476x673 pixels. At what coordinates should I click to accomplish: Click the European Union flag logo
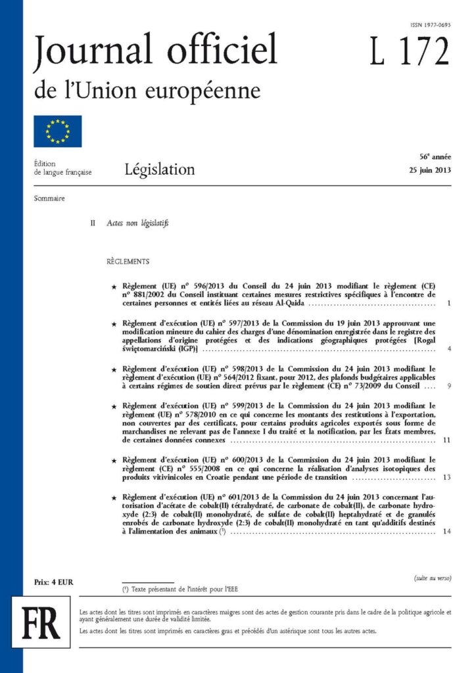(x=58, y=131)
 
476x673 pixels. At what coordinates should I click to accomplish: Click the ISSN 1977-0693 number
(x=431, y=25)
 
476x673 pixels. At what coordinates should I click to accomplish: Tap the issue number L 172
(x=409, y=52)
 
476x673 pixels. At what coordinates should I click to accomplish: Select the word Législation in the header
(x=160, y=170)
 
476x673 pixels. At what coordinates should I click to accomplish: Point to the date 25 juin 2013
(x=429, y=172)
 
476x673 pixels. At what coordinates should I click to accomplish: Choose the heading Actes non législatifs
(x=138, y=223)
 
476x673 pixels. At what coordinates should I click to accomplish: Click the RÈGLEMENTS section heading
(x=128, y=262)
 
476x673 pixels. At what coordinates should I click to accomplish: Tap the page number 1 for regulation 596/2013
(x=447, y=304)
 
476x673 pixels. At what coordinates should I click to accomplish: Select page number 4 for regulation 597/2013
(x=447, y=348)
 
